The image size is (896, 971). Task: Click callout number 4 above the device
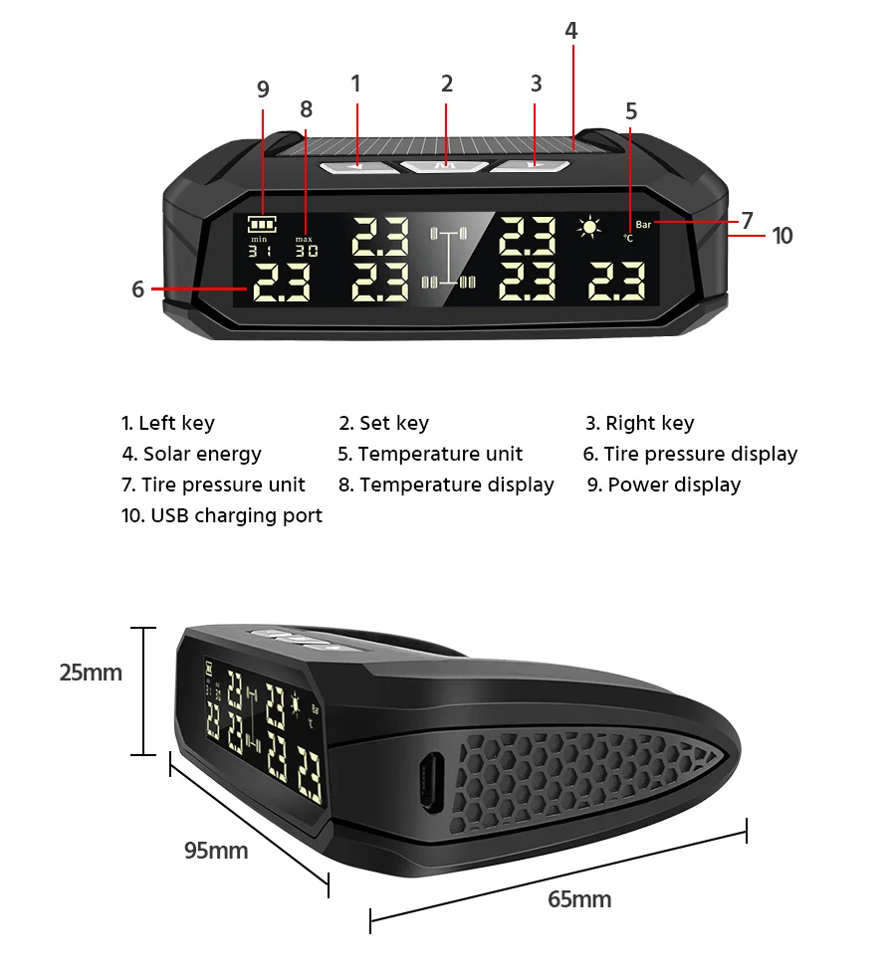(x=570, y=31)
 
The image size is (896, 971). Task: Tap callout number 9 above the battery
(x=263, y=90)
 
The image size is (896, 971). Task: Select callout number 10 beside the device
(x=783, y=236)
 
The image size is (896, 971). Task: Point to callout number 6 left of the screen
(x=138, y=290)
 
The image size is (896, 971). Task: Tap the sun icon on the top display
(x=591, y=228)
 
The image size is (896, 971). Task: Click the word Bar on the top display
(x=643, y=225)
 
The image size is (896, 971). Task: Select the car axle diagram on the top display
(x=448, y=259)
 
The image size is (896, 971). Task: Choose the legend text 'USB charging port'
(x=223, y=515)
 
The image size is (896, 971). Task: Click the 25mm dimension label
(x=91, y=673)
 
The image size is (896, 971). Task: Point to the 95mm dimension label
(x=216, y=851)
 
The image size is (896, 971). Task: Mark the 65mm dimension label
(x=579, y=900)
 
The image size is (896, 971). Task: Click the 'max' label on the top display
(x=304, y=240)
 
